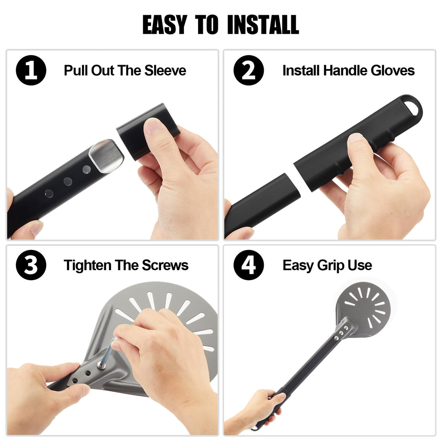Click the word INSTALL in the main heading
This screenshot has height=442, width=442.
pos(263,25)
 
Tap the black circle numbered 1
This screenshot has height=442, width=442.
pos(31,70)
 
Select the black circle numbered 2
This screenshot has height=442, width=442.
pos(249,70)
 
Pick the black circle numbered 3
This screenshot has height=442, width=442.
pos(31,265)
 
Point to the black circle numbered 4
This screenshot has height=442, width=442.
pos(249,265)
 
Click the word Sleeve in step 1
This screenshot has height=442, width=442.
pos(165,70)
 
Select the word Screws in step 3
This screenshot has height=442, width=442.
pos(165,265)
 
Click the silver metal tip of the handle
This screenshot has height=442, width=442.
pos(106,156)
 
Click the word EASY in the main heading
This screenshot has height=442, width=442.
pos(165,25)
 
